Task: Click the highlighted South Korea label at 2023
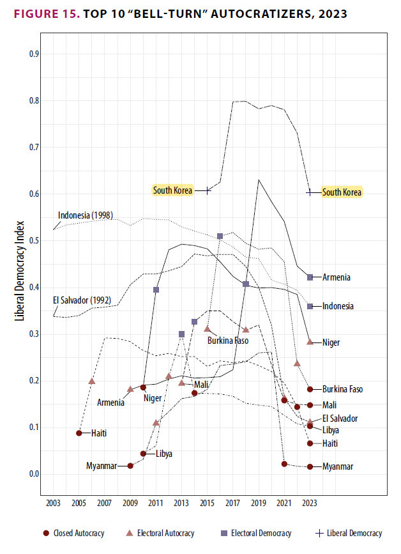[341, 192]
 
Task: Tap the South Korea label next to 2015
[172, 190]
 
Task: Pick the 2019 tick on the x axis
[259, 504]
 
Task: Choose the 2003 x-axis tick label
[53, 504]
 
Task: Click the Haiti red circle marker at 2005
[79, 433]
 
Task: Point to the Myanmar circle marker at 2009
[130, 466]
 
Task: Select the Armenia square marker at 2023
[310, 277]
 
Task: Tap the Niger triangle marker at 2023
[310, 342]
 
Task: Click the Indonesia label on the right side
[338, 307]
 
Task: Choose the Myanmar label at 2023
[338, 466]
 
